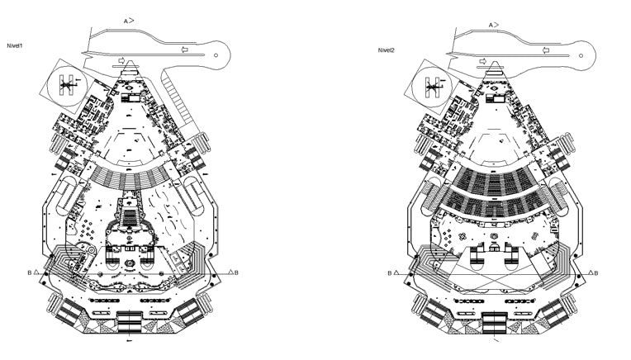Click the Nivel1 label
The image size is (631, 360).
tap(15, 46)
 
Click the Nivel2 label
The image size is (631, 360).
tap(387, 50)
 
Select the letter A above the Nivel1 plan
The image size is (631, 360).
tap(126, 21)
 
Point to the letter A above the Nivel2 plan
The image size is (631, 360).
tap(491, 26)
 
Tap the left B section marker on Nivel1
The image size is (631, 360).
tap(30, 272)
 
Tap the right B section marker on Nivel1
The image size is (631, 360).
tap(236, 272)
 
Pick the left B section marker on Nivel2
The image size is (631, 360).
tap(390, 273)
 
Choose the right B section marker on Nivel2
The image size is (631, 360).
tap(596, 273)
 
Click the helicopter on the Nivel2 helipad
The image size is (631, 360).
tap(434, 86)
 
